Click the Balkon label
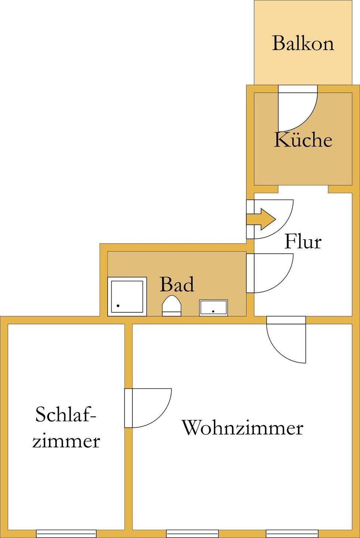303,43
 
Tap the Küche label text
303,140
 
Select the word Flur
303,241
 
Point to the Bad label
177,285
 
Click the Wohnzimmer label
242,428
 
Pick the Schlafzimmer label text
66,428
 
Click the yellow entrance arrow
262,219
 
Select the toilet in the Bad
172,306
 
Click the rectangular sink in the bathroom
213,308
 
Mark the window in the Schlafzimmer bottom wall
66,534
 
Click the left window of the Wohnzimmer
192,534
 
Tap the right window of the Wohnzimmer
292,534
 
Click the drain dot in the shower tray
118,306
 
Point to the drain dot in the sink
213,311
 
